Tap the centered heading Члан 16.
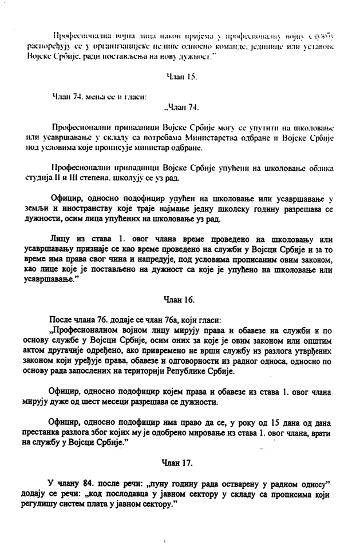click(179, 299)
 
